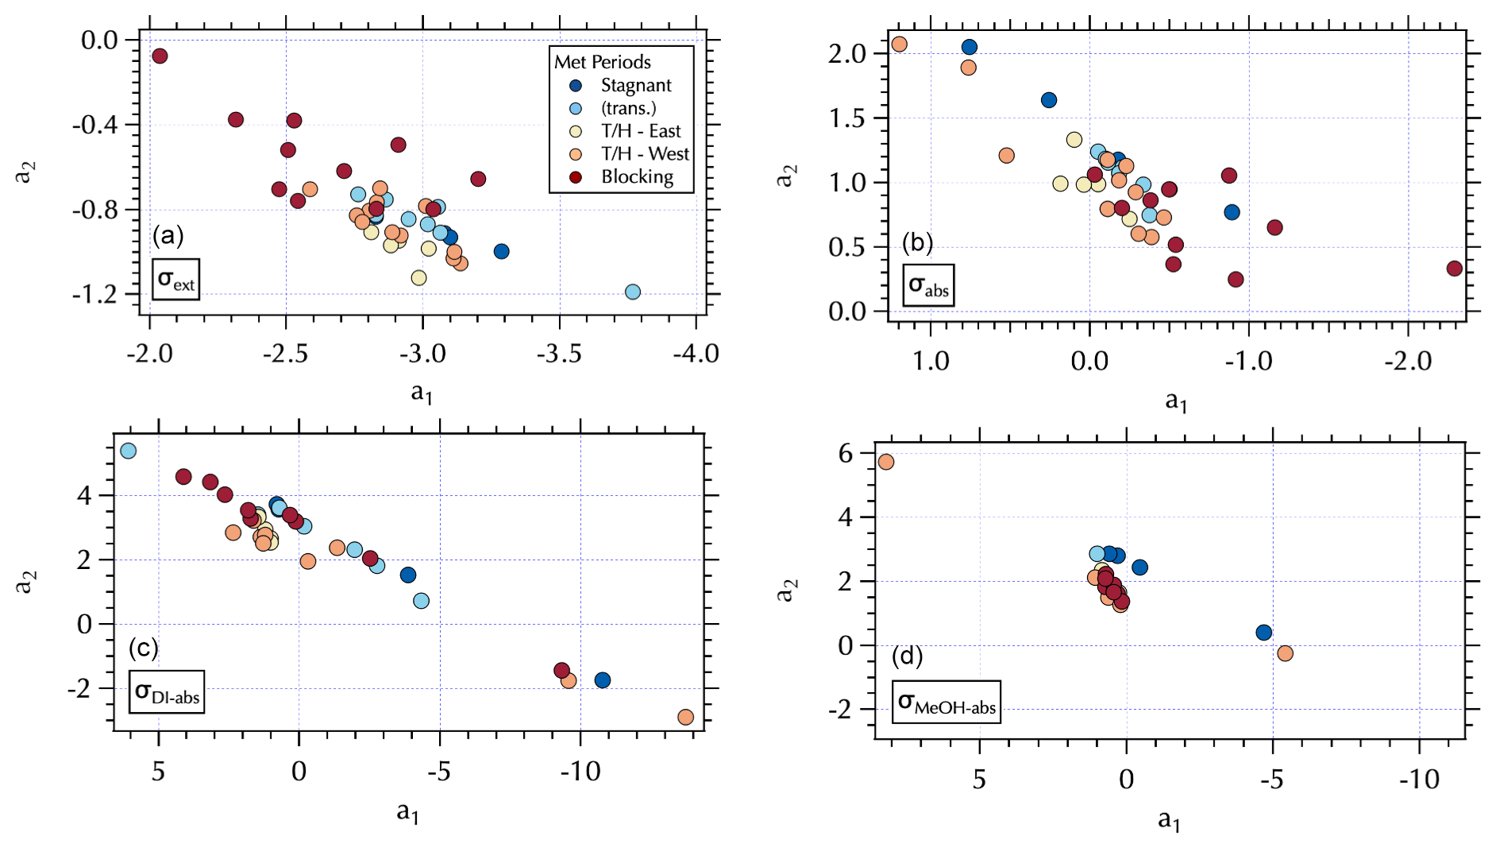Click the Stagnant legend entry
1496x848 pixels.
tap(635, 85)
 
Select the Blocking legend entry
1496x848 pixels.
tap(636, 176)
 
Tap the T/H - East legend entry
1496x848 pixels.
tap(640, 131)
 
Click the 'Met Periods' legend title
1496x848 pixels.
tap(602, 62)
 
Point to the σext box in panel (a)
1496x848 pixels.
tap(175, 279)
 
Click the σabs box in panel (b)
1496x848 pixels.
tap(928, 285)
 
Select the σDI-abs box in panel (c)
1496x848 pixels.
tap(167, 691)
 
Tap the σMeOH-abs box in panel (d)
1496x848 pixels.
tap(946, 703)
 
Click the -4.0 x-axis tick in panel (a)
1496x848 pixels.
tap(696, 354)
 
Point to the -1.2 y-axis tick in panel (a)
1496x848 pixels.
tap(94, 295)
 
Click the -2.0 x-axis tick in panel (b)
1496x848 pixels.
tap(1408, 362)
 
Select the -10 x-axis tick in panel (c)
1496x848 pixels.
tap(580, 771)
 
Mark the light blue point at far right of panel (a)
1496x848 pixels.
tap(633, 292)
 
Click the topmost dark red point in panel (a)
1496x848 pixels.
tap(160, 56)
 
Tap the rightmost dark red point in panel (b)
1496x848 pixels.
tap(1455, 269)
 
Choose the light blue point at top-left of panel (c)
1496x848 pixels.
tap(128, 451)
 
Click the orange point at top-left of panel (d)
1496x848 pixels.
tap(886, 462)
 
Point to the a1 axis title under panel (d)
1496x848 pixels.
tap(1168, 819)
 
